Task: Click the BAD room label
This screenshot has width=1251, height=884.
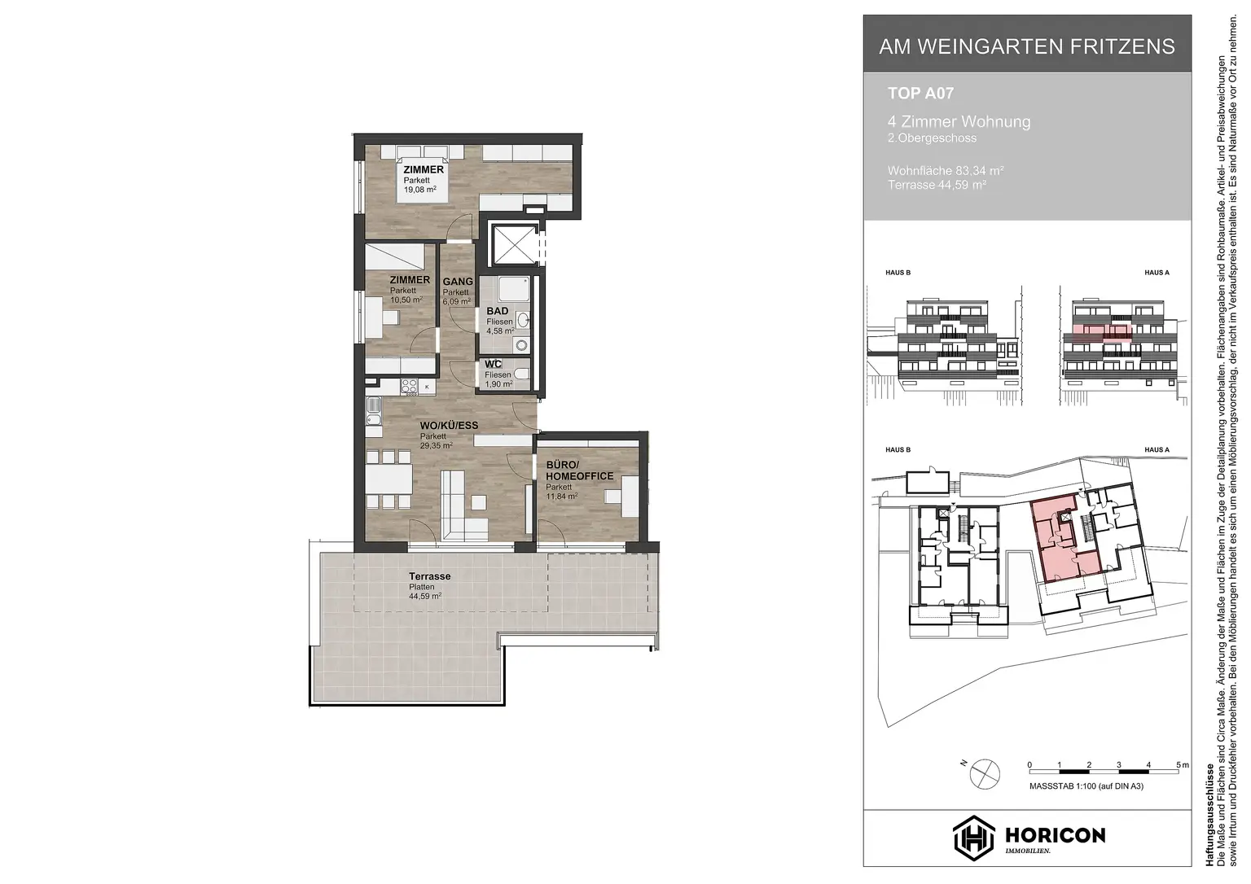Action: [x=498, y=311]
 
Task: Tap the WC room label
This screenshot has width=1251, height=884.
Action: [x=492, y=364]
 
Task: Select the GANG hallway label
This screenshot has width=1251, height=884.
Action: [x=458, y=282]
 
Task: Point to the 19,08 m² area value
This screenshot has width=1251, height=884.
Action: [x=420, y=190]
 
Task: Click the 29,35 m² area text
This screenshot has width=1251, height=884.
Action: [x=437, y=445]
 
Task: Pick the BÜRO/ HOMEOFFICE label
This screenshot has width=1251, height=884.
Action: [x=579, y=470]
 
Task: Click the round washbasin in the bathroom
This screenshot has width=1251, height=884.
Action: [x=522, y=321]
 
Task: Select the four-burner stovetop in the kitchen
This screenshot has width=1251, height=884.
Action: [x=408, y=386]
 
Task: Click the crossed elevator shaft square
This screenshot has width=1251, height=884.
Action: [x=512, y=243]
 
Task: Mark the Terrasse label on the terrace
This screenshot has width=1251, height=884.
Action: [x=429, y=576]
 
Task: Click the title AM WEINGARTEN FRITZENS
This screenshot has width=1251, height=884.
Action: [x=1027, y=46]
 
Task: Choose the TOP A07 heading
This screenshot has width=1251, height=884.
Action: [x=920, y=94]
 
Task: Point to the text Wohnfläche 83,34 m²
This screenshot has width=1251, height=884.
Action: [x=945, y=171]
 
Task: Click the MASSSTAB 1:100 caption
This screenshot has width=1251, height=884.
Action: [x=1086, y=786]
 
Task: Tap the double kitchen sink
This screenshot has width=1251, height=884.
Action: [x=373, y=411]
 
